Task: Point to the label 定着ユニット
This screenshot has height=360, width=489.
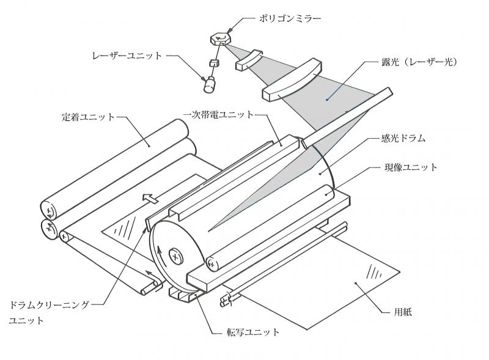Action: tap(88, 116)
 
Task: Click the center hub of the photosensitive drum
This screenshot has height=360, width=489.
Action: tap(175, 256)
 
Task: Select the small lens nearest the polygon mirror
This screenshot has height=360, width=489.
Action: tap(249, 62)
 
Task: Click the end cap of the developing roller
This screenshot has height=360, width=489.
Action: tap(211, 263)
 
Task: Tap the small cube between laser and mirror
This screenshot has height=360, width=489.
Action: tap(214, 62)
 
